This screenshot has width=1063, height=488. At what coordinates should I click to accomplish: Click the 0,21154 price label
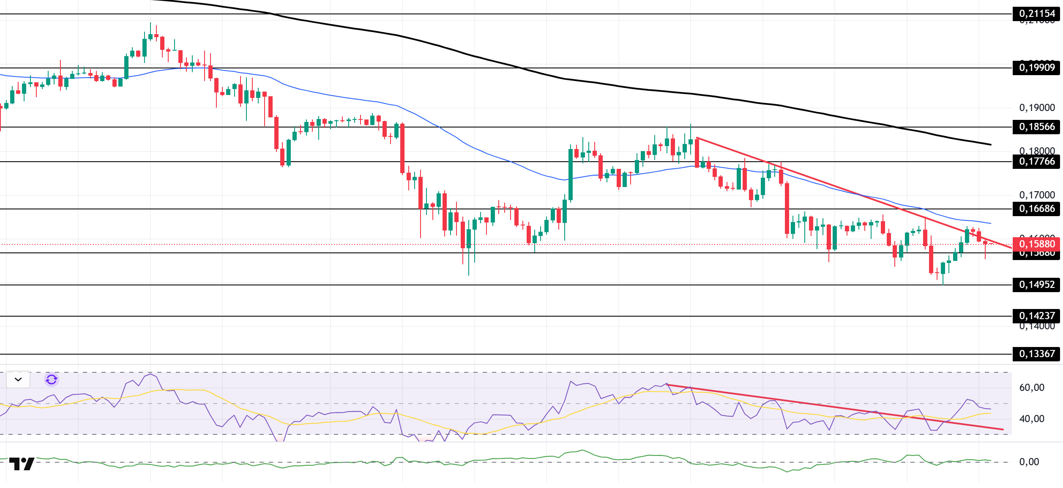(1036, 14)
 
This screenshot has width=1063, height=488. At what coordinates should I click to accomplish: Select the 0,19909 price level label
(1036, 68)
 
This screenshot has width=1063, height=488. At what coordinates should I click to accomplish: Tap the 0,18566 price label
(1036, 127)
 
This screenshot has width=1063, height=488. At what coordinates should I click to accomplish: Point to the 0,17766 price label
(1036, 161)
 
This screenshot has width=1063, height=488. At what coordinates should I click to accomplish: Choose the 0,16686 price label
(1036, 209)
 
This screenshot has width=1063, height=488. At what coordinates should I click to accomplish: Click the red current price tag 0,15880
(1036, 244)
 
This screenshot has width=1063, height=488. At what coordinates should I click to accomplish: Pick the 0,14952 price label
(1036, 285)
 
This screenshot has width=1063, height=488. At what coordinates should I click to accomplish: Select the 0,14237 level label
(1036, 316)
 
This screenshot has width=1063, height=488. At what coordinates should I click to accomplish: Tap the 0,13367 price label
(1036, 354)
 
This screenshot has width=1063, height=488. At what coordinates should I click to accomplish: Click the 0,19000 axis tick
(1037, 108)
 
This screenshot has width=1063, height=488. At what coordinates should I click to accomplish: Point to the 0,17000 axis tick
(1037, 195)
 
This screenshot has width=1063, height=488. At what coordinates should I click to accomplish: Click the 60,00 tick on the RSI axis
(1031, 388)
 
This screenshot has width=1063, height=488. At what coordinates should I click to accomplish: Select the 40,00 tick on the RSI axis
(1031, 419)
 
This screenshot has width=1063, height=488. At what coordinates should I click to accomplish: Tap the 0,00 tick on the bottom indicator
(1029, 462)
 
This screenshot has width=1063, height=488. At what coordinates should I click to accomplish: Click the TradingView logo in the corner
(22, 464)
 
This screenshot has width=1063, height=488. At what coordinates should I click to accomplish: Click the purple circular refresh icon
(52, 380)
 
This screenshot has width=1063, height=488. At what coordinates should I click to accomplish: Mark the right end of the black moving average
(991, 145)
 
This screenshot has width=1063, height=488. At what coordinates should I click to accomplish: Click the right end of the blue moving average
(991, 223)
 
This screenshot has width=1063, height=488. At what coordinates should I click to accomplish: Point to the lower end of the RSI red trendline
(1003, 430)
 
